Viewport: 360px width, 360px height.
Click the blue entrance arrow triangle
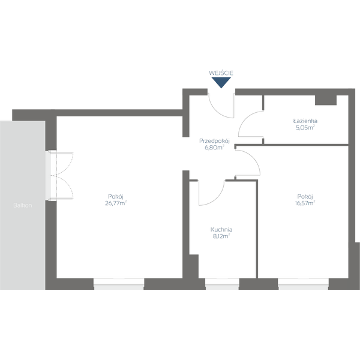pos(221,83)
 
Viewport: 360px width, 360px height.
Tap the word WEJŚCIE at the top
pos(221,73)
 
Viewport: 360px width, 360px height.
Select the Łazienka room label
pos(305,121)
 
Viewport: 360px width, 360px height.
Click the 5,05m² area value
pos(305,127)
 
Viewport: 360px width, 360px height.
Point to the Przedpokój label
pos(215,141)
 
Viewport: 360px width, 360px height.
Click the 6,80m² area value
pos(215,148)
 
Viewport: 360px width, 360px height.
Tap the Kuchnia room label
pos(221,229)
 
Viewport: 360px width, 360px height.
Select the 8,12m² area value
pos(221,236)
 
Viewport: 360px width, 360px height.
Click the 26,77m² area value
pos(115,203)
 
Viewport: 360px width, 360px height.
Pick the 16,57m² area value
pos(305,203)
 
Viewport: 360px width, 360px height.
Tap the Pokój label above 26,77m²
pos(115,196)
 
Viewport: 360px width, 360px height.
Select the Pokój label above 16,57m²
pos(305,196)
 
